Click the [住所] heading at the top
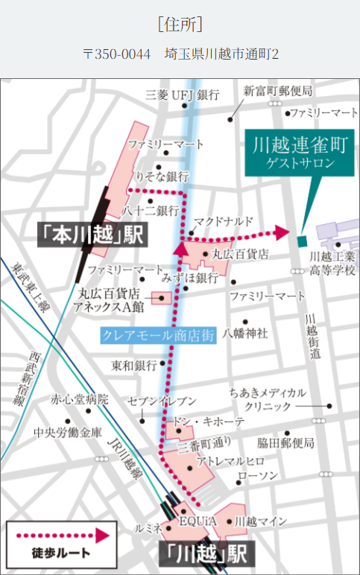point(180,24)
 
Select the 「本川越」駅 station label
point(92,235)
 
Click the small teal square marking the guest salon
point(302,241)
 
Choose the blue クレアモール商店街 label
point(158,335)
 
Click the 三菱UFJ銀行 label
point(183,95)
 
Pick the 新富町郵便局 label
point(277,91)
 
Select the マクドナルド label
point(224,222)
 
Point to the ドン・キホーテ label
point(200,422)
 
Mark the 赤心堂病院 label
point(79,399)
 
